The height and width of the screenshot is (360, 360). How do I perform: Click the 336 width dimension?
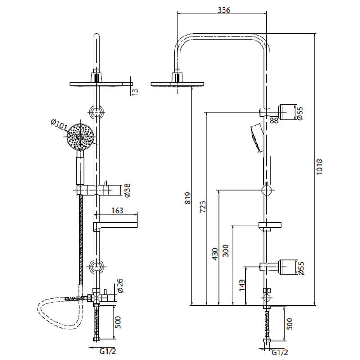tap(224, 10)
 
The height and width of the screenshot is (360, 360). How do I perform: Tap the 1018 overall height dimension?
tap(319, 166)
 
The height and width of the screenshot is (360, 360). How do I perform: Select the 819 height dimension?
tap(188, 198)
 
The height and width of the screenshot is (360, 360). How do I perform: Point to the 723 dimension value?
tap(202, 207)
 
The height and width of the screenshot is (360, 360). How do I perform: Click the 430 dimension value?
tap(215, 254)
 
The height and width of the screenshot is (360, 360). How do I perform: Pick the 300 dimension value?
tap(226, 251)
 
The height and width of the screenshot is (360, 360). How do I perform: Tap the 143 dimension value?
tap(242, 285)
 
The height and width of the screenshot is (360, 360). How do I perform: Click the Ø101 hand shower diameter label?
tap(59, 125)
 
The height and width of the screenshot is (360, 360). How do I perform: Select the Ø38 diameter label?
tap(126, 190)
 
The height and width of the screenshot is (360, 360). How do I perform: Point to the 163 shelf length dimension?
tap(117, 211)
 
